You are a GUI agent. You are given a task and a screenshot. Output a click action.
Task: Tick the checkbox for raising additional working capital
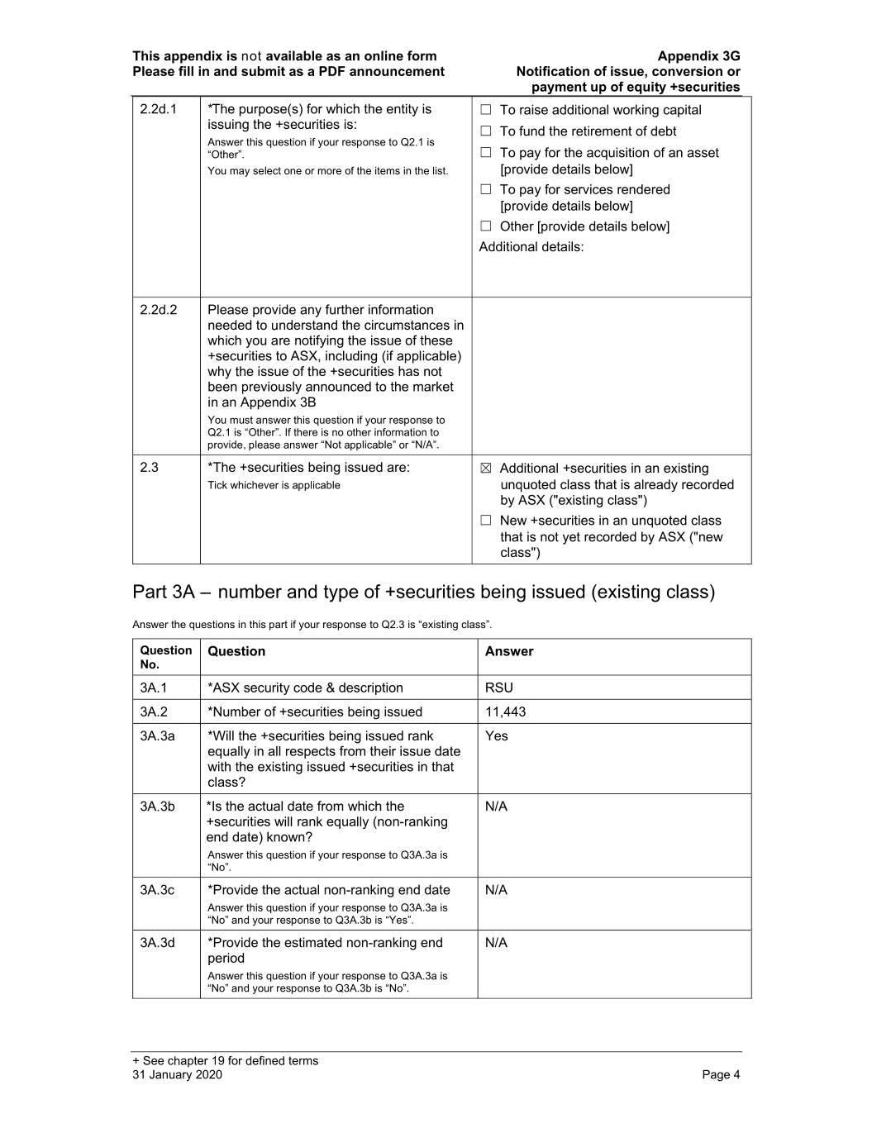pyautogui.click(x=486, y=110)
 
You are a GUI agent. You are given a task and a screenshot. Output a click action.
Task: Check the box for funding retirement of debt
pyautogui.click(x=486, y=131)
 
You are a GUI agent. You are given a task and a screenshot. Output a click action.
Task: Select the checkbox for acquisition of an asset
pyautogui.click(x=486, y=153)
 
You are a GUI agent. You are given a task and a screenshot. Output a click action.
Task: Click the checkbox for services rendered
pyautogui.click(x=486, y=189)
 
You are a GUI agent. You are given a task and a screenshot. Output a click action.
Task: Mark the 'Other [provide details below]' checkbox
pyautogui.click(x=486, y=226)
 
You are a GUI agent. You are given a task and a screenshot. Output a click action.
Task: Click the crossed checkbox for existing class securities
pyautogui.click(x=486, y=469)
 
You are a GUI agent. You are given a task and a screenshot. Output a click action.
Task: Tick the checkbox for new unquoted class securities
pyautogui.click(x=486, y=521)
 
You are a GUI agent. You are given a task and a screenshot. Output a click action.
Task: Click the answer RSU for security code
pyautogui.click(x=499, y=688)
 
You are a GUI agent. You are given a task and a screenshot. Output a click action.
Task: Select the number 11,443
pyautogui.click(x=505, y=712)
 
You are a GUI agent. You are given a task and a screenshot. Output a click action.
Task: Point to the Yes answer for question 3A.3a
pyautogui.click(x=497, y=735)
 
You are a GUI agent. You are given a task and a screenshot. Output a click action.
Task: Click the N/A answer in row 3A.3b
pyautogui.click(x=496, y=806)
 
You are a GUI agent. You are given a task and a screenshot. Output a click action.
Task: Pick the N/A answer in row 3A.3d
pyautogui.click(x=496, y=942)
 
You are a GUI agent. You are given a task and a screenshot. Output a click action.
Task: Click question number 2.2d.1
pyautogui.click(x=158, y=109)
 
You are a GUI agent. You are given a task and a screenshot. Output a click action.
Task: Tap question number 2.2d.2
pyautogui.click(x=158, y=310)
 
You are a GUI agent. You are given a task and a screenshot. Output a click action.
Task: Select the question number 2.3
pyautogui.click(x=149, y=468)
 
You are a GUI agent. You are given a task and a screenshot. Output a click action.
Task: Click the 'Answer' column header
pyautogui.click(x=509, y=651)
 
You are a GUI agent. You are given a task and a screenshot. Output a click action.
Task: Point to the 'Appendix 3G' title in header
pyautogui.click(x=698, y=56)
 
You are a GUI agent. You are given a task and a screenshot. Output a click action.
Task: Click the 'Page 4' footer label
pyautogui.click(x=721, y=1074)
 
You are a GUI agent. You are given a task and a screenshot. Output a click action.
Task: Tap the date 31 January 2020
pyautogui.click(x=177, y=1074)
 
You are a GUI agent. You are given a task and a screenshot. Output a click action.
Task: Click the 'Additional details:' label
pyautogui.click(x=531, y=247)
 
